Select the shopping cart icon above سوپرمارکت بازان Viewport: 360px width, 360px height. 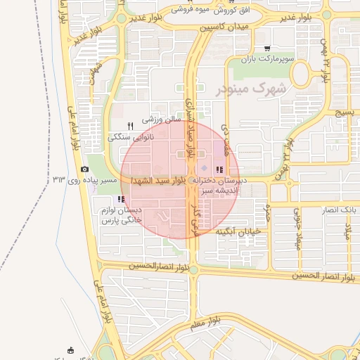pyautogui.click(x=267, y=49)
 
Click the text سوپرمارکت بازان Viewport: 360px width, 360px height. pyautogui.click(x=266, y=59)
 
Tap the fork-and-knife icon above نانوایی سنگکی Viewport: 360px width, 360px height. pyautogui.click(x=130, y=125)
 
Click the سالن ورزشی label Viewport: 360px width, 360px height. pyautogui.click(x=162, y=120)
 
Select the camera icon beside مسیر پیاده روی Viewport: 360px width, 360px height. pyautogui.click(x=85, y=169)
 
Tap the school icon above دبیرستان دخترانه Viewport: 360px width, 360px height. pyautogui.click(x=219, y=169)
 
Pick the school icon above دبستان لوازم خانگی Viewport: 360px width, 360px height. pyautogui.click(x=120, y=199)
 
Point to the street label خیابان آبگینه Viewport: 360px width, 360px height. pyautogui.click(x=238, y=230)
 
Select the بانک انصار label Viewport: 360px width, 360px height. pyautogui.click(x=338, y=210)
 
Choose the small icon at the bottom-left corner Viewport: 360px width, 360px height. pyautogui.click(x=70, y=349)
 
